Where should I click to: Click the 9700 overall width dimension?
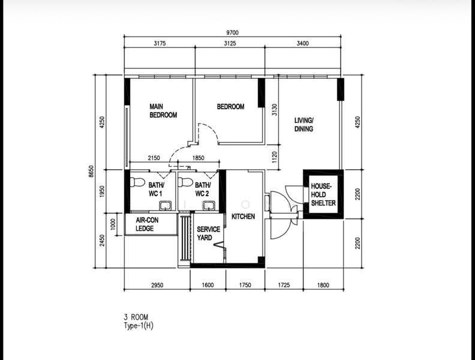(232, 32)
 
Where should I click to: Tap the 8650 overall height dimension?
(91, 171)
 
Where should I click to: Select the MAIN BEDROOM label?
(163, 110)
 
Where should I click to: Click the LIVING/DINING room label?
(304, 125)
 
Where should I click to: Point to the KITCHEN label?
(243, 217)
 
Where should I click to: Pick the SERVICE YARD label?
(209, 233)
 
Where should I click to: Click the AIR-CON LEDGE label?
(147, 224)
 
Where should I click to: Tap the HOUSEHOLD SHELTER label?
(323, 194)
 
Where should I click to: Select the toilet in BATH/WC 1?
(137, 182)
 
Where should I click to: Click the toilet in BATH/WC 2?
(185, 182)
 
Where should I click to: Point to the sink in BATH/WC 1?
(166, 205)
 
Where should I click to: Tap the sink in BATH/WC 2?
(209, 205)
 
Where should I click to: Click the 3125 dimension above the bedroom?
(230, 43)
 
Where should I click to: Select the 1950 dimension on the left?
(102, 191)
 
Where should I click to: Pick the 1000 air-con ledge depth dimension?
(113, 224)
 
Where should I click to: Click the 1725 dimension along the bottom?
(284, 285)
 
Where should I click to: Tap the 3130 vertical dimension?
(275, 110)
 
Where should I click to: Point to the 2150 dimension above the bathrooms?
(154, 158)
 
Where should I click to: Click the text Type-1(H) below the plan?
(139, 326)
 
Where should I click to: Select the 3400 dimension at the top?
(303, 43)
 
